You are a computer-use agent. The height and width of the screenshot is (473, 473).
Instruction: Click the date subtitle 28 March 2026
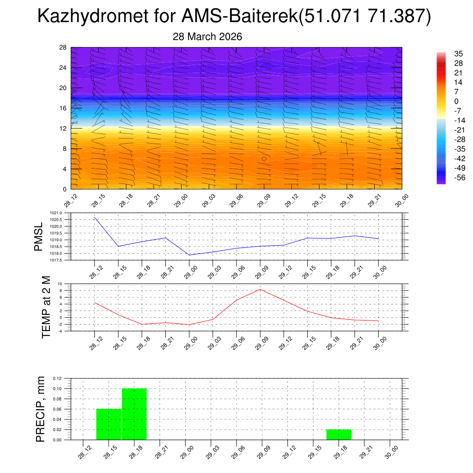207,36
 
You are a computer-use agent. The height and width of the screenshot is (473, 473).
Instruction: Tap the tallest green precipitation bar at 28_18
134,414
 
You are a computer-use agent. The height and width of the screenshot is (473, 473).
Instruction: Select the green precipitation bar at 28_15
109,424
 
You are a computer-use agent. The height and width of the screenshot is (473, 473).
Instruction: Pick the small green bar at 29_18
339,435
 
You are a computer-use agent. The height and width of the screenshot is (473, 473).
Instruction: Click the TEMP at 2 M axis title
46,307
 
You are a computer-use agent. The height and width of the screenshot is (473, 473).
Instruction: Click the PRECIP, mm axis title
40,409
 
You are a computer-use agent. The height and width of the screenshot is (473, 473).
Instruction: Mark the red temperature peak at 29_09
260,289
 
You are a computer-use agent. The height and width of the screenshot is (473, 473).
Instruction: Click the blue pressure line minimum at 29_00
189,255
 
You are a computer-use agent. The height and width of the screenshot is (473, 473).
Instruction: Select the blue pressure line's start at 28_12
95,217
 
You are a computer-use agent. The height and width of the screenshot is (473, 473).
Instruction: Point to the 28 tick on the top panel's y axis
63,48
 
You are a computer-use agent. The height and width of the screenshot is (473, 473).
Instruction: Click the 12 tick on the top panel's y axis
63,128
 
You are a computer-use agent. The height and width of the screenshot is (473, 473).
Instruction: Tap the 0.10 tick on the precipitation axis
56,389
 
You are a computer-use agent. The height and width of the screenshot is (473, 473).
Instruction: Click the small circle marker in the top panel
264,158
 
